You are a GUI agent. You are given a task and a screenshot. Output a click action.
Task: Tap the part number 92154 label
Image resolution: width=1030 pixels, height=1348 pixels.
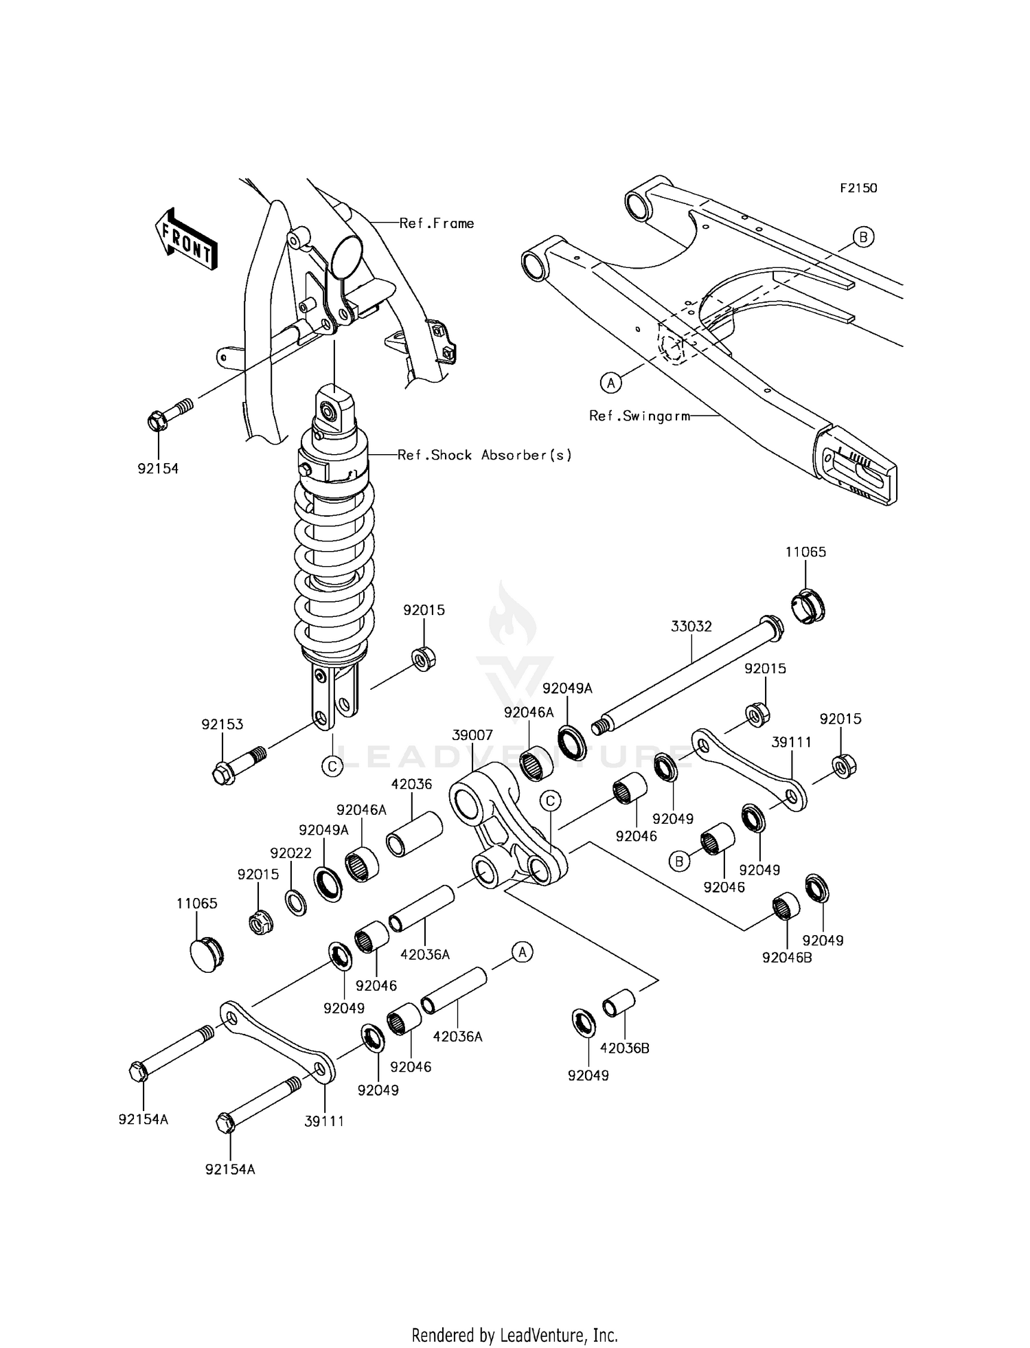tap(158, 469)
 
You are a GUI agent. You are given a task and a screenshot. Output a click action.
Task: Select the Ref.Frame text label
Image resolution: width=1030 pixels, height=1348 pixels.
tap(437, 223)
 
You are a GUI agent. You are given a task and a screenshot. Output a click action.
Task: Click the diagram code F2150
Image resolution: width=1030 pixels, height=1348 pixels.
tap(858, 188)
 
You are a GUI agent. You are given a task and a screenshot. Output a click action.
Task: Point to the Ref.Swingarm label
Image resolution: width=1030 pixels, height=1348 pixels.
tap(639, 416)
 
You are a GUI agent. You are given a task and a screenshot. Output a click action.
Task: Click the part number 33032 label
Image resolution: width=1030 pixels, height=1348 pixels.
tap(691, 626)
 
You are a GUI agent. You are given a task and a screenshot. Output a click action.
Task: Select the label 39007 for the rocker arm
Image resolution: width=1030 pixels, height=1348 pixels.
tap(472, 734)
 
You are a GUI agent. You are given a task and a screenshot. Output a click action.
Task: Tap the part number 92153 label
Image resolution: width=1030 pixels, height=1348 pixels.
tap(222, 724)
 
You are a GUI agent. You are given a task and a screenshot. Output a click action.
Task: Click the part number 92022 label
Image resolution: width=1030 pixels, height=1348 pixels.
tap(290, 853)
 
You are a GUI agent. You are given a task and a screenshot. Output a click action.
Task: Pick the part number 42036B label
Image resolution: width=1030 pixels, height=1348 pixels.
tap(624, 1048)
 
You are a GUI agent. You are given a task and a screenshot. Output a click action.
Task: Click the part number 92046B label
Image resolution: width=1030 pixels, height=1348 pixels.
tap(787, 957)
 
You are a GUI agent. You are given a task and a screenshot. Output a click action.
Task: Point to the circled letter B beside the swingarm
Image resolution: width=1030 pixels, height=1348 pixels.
tap(863, 237)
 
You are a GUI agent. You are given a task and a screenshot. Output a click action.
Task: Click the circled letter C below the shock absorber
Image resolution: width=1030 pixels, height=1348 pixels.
tap(332, 765)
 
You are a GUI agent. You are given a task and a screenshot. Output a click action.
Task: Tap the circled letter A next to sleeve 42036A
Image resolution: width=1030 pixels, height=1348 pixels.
tap(522, 952)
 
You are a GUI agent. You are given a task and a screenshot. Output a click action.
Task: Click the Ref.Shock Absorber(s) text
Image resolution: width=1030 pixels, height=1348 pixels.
tap(485, 455)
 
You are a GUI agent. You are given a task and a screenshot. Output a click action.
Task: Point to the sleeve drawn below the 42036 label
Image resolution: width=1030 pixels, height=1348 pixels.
tap(414, 833)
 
